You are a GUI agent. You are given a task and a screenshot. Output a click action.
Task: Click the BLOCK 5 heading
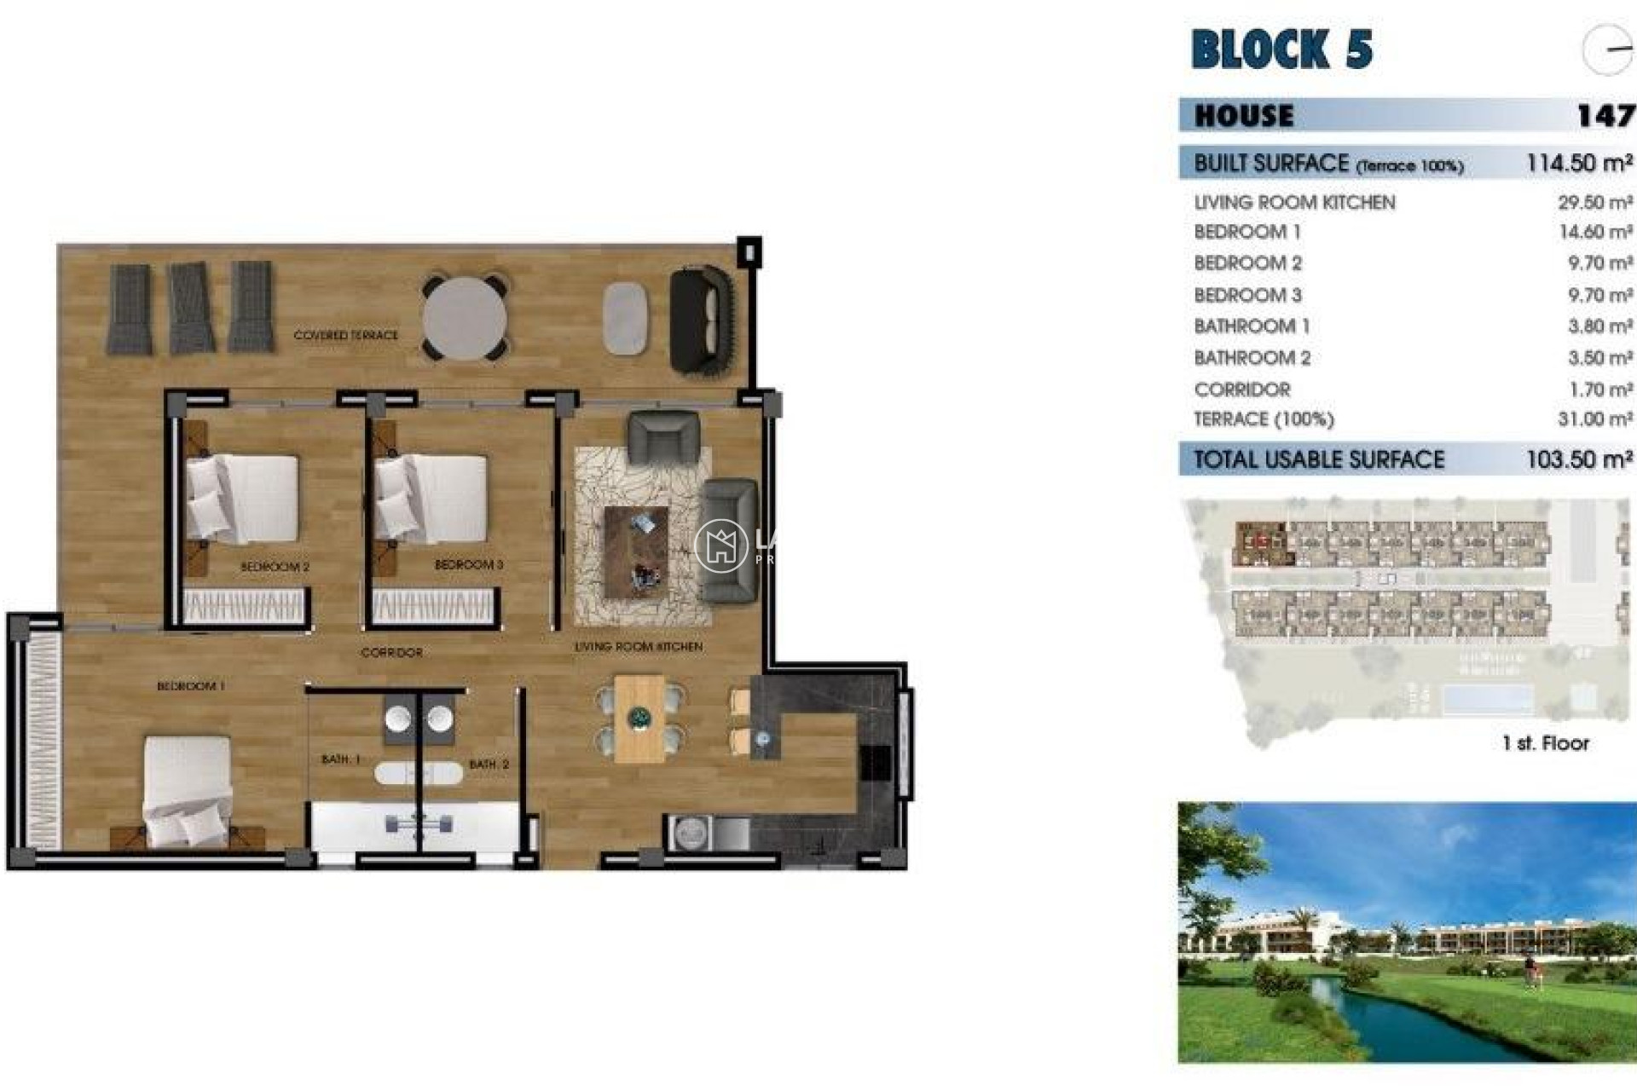coord(1281,49)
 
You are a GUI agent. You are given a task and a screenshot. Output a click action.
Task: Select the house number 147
coord(1605,115)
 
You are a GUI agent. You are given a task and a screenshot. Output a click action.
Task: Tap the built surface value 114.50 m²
coord(1579,163)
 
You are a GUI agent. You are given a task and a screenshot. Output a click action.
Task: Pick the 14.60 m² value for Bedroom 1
coord(1594,232)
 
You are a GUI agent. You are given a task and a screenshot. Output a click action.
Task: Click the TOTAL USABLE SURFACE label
coord(1318,459)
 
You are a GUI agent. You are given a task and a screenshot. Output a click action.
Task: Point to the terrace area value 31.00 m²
coord(1594,419)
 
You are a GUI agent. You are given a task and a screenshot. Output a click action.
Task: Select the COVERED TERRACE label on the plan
coord(345,336)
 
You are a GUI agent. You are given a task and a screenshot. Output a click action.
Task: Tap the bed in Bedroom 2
coord(243,499)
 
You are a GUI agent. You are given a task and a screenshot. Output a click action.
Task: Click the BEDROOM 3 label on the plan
coord(469,565)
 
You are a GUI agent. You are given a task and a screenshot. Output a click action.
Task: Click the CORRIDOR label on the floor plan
coord(391,653)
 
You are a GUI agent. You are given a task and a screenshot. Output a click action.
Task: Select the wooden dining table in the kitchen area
coord(639,718)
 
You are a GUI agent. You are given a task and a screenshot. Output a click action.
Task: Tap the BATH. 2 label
coord(489,765)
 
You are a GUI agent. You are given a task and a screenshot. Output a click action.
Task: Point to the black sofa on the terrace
coord(702,320)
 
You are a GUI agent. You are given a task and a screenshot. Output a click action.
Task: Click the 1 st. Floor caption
coord(1546,743)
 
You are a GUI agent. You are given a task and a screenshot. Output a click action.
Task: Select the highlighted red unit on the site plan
coord(1262,543)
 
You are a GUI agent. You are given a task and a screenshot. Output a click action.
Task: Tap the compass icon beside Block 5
coord(1607,49)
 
